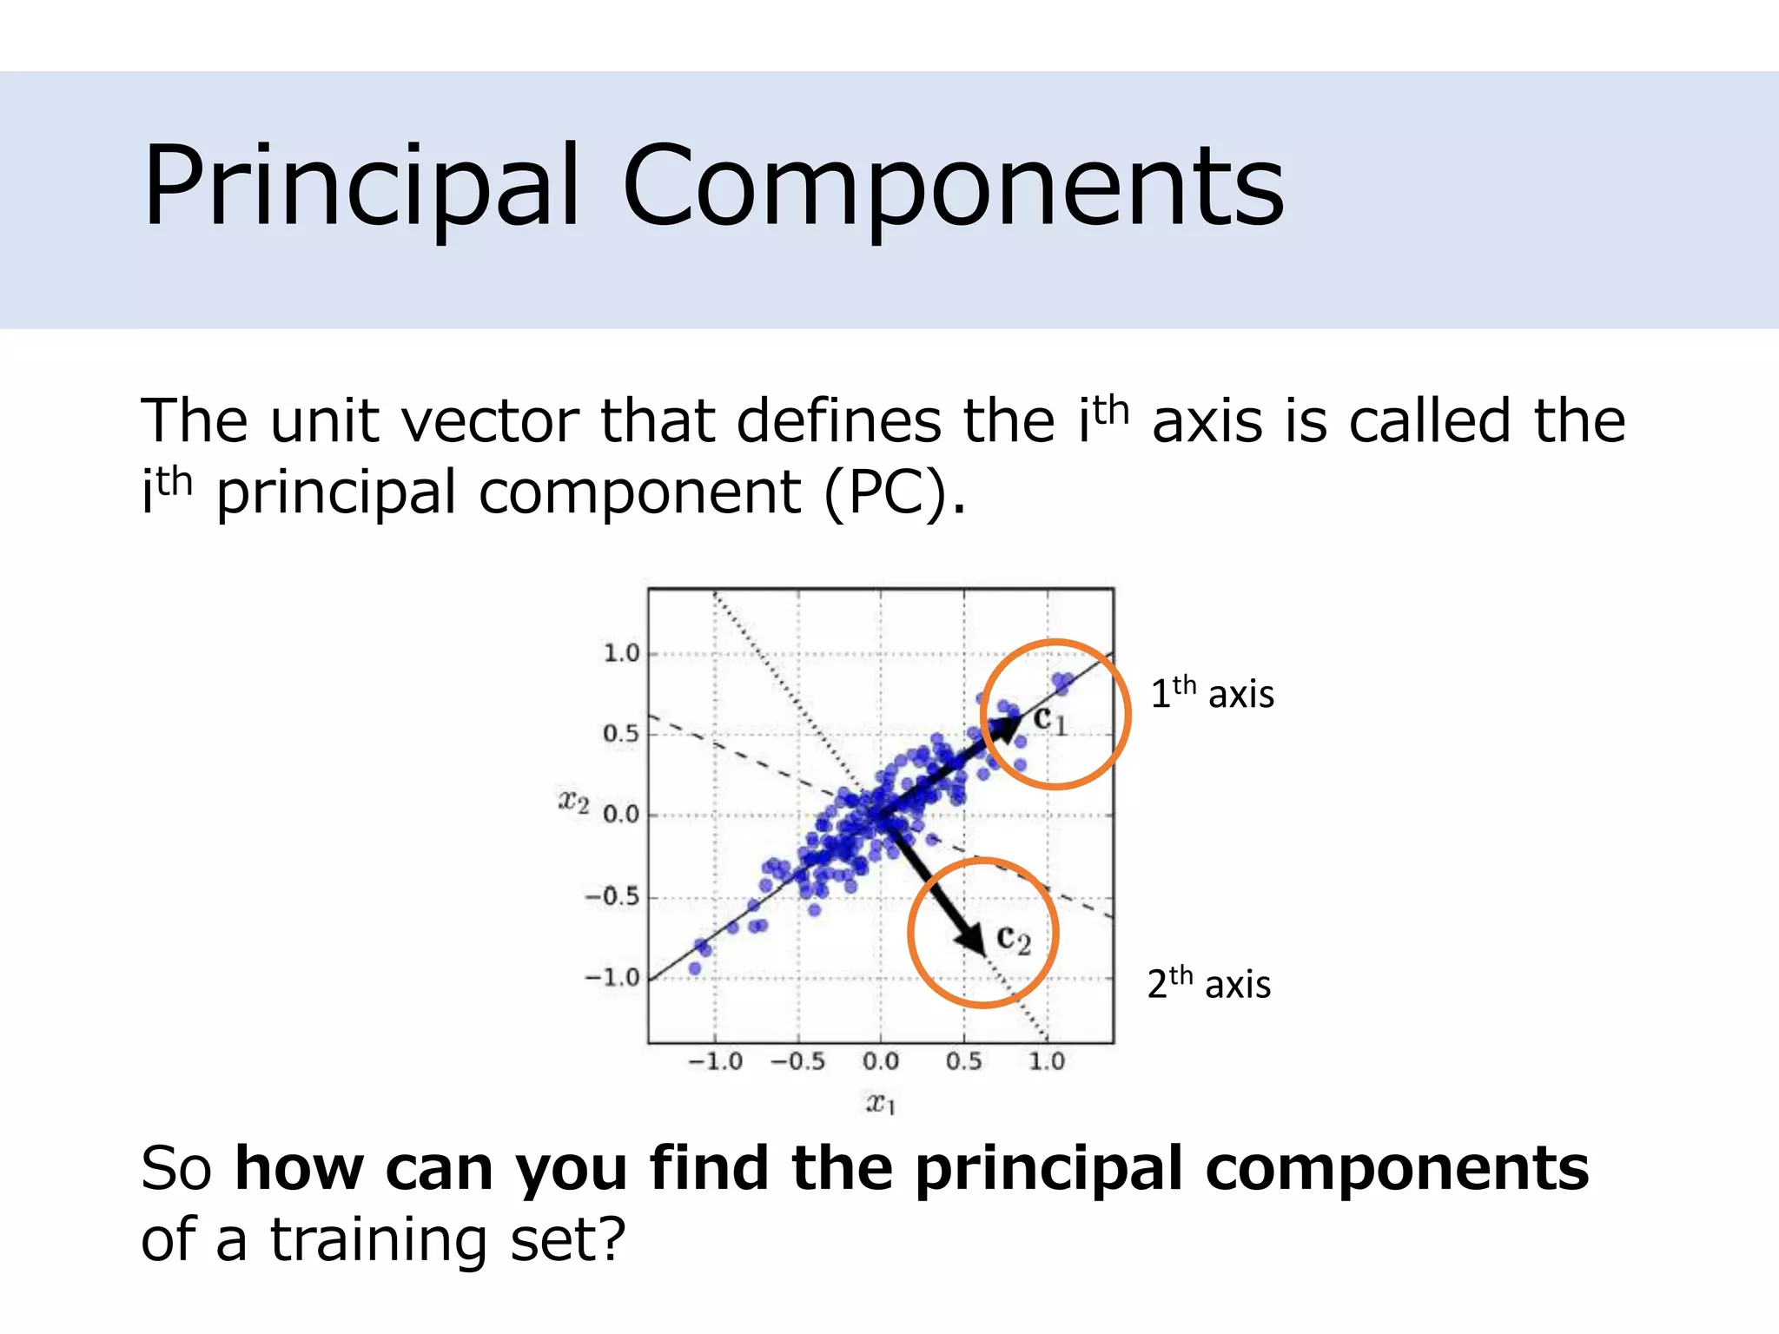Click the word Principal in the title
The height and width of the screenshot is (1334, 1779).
click(360, 187)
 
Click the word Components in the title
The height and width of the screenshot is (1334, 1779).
click(953, 187)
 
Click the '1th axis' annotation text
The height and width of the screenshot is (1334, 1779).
click(1212, 694)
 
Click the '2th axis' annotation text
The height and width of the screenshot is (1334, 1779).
click(1208, 984)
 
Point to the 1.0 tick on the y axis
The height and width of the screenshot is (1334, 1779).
click(621, 653)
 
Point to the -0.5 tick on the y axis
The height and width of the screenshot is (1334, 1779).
click(612, 896)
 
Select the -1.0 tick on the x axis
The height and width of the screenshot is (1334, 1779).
click(715, 1061)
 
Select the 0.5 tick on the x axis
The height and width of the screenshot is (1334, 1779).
click(963, 1061)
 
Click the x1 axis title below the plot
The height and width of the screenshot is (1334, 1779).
click(880, 1104)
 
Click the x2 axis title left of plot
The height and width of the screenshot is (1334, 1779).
click(573, 802)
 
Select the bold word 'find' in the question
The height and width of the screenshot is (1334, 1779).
click(709, 1168)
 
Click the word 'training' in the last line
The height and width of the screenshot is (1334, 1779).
click(379, 1239)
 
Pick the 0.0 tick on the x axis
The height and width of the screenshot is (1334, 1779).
click(880, 1061)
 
